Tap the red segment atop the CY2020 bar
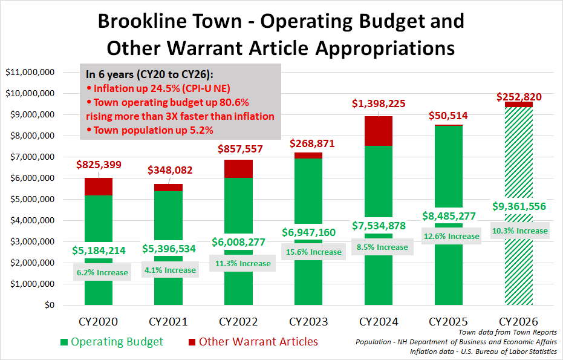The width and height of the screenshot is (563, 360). click(x=98, y=186)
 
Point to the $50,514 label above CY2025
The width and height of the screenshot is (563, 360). click(x=448, y=116)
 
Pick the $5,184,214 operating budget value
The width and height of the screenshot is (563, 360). click(x=98, y=250)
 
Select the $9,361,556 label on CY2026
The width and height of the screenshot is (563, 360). click(x=519, y=207)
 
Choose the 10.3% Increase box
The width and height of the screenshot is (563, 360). click(x=519, y=231)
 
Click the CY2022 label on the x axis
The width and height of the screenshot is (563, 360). click(x=238, y=321)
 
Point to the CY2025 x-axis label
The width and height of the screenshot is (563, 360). click(x=448, y=321)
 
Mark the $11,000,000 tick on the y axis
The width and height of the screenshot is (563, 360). click(x=30, y=73)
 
